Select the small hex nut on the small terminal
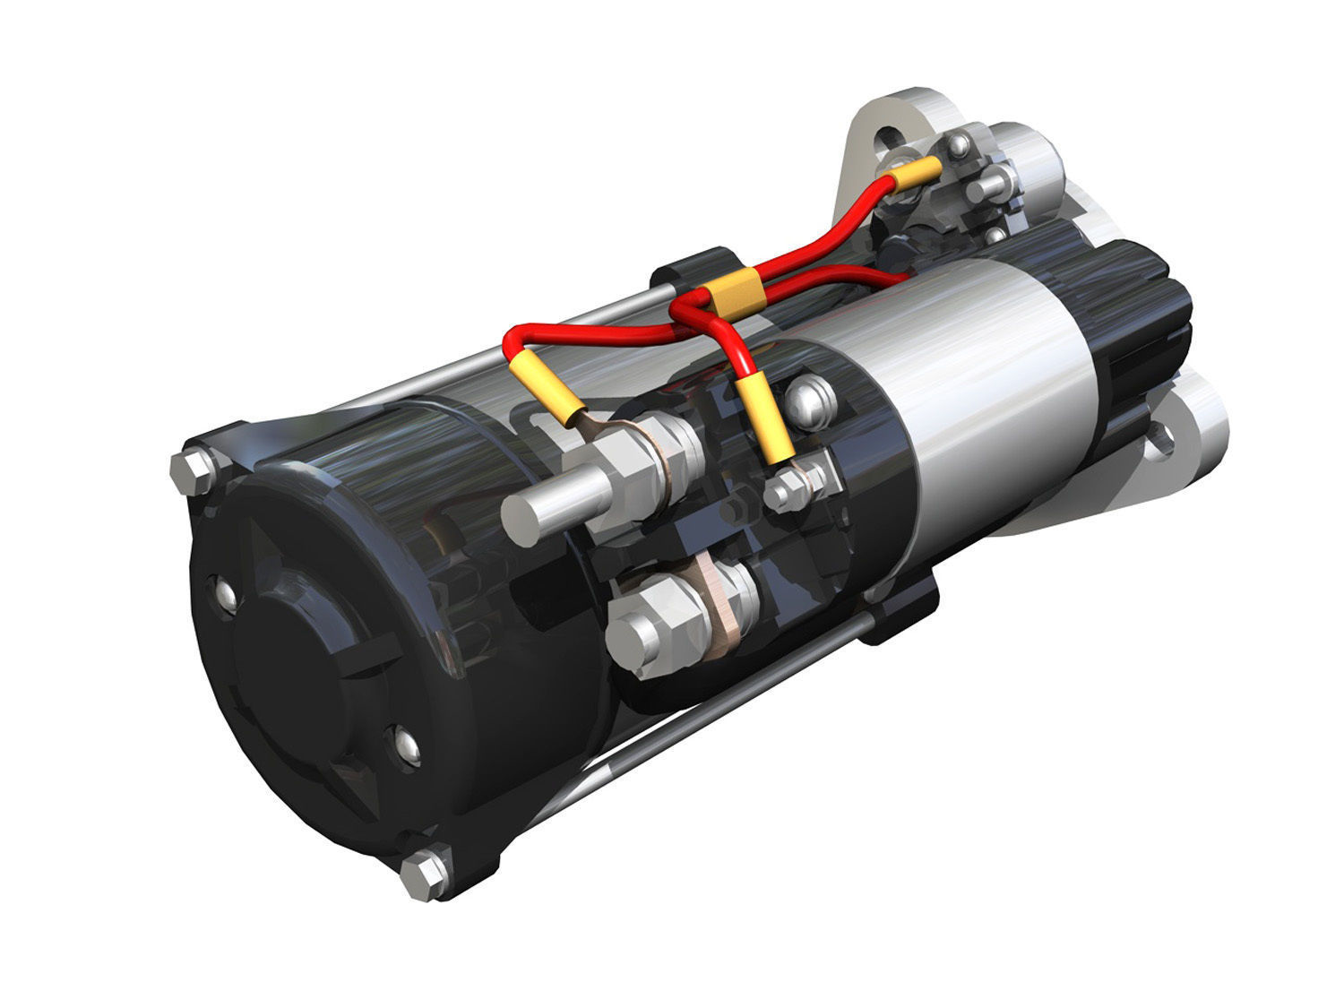[786, 492]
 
